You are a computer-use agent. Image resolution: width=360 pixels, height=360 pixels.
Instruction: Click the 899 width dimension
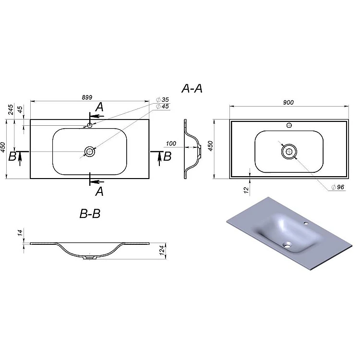(87, 97)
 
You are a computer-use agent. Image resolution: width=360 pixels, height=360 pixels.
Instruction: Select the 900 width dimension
(288, 102)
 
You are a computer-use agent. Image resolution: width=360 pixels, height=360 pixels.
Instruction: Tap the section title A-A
(192, 88)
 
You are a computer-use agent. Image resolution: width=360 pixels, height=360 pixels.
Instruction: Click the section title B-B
(90, 214)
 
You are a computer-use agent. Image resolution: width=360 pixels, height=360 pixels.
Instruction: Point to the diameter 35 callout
(162, 100)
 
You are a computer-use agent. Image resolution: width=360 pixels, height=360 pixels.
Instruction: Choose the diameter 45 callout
(162, 106)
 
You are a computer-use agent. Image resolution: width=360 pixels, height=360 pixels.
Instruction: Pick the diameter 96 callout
(338, 187)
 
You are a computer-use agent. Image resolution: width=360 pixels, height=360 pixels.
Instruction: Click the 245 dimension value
(11, 109)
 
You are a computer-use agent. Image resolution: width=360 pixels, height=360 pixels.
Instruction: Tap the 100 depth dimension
(171, 144)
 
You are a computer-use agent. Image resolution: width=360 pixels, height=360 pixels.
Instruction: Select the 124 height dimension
(162, 250)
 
